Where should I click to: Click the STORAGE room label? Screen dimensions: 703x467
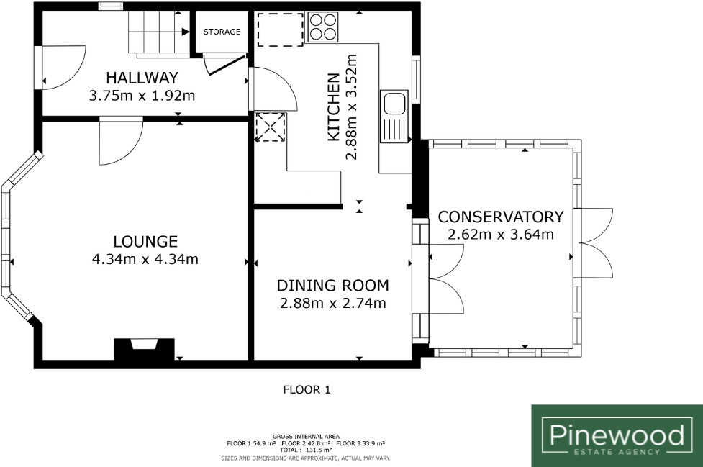[x=222, y=32]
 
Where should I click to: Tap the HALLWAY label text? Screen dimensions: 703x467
[x=142, y=78]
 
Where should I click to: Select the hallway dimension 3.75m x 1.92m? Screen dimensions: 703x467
[x=142, y=96]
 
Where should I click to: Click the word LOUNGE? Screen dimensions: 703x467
[x=145, y=242]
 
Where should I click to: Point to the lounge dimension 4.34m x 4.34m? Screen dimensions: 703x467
[x=145, y=259]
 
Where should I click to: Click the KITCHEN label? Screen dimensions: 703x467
[x=334, y=107]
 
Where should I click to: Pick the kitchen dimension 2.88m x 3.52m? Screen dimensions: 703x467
[x=351, y=107]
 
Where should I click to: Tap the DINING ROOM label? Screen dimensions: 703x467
[x=332, y=286]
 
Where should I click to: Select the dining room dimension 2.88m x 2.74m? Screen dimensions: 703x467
[x=332, y=303]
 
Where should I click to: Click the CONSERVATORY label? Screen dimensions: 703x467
[x=501, y=217]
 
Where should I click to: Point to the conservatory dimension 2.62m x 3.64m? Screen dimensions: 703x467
[x=501, y=235]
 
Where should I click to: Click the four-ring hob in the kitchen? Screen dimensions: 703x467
[x=323, y=27]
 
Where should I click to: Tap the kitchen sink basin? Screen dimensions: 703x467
[x=394, y=104]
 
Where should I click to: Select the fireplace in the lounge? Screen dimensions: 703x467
[x=144, y=349]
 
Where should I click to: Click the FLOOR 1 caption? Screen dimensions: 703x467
[x=307, y=390]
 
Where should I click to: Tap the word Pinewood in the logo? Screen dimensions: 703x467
[x=617, y=435]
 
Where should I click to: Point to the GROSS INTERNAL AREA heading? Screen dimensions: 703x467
[x=307, y=437]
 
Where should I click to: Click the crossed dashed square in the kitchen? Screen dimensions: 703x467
[x=271, y=127]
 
